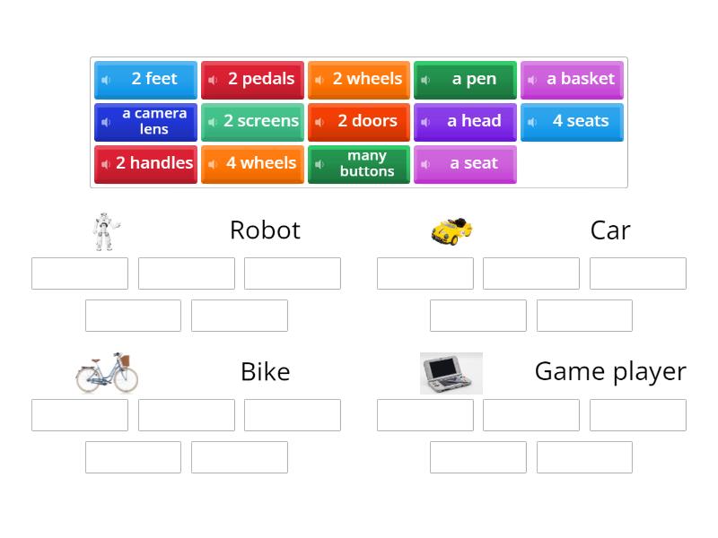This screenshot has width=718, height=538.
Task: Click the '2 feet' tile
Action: [x=145, y=80]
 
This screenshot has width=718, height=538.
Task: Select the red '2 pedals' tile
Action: [x=252, y=80]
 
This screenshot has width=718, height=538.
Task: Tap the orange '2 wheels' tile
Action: [x=359, y=80]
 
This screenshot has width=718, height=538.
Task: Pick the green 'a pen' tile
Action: [x=465, y=80]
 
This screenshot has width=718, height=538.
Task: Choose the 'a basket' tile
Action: [x=572, y=80]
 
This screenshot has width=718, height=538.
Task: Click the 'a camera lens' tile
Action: [x=145, y=122]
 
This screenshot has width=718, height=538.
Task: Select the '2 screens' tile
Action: [x=252, y=122]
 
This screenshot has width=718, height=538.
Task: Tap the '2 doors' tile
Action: [x=359, y=122]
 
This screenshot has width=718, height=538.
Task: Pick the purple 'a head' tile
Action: [x=465, y=122]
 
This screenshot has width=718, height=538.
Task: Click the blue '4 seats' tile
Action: [x=572, y=122]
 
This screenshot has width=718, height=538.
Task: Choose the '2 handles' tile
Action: [x=145, y=164]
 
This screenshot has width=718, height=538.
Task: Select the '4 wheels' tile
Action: [x=252, y=164]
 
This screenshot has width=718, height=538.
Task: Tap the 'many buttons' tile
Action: [x=359, y=164]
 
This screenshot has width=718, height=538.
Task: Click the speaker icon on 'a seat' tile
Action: [x=425, y=164]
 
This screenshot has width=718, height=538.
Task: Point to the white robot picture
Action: [x=105, y=231]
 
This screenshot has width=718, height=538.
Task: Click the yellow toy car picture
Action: [x=451, y=230]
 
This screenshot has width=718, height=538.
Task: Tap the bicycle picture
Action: [x=106, y=372]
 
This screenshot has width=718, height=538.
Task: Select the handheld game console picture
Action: [x=451, y=373]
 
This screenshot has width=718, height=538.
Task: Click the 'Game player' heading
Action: [x=609, y=371]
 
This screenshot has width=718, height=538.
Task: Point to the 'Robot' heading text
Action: [x=265, y=230]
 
